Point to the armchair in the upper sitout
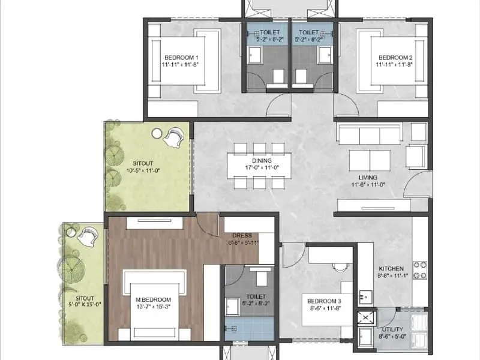(174, 137)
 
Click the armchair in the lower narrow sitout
(88, 235)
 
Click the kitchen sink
(365, 296)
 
